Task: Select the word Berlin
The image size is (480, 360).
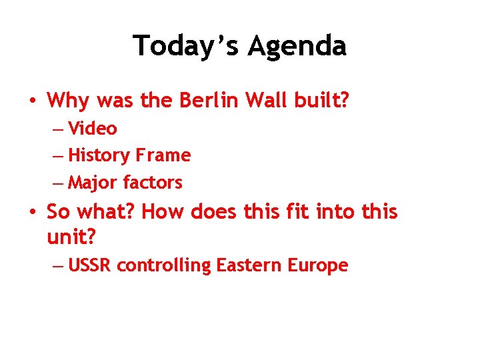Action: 212,101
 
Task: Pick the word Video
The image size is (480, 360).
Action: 93,129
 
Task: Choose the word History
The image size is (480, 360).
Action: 99,156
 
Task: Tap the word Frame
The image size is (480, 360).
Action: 163,156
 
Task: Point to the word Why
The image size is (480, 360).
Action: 69,101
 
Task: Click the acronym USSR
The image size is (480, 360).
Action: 90,265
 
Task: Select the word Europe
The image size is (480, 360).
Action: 318,266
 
